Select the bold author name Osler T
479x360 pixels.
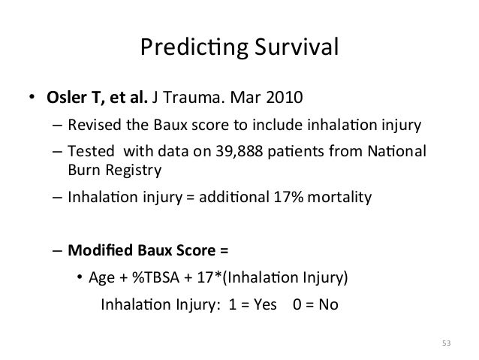click(x=74, y=99)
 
